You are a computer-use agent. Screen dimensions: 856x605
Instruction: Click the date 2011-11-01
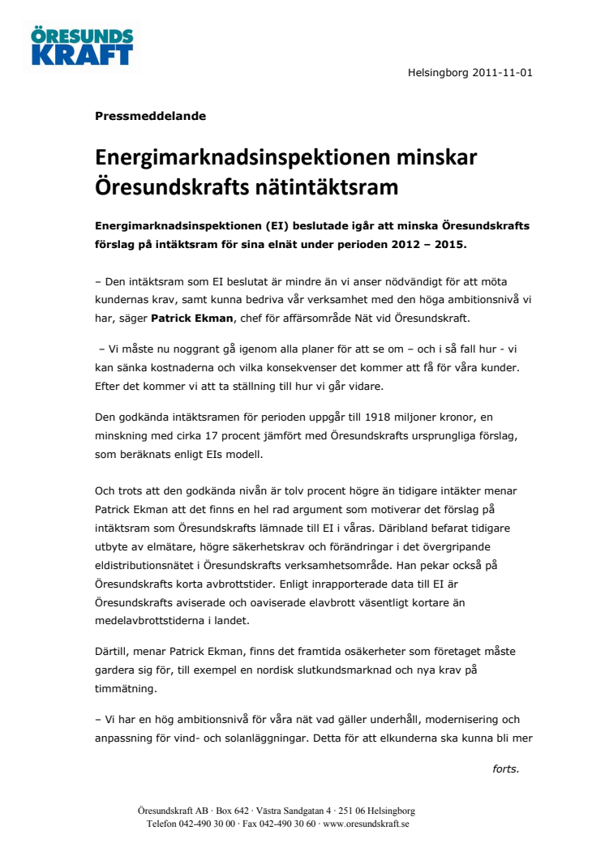(500, 73)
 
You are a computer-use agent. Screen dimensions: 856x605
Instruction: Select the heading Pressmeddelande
(150, 116)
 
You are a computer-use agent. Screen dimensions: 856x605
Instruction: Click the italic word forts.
(505, 768)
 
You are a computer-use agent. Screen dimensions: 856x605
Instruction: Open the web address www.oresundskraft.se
(365, 824)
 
